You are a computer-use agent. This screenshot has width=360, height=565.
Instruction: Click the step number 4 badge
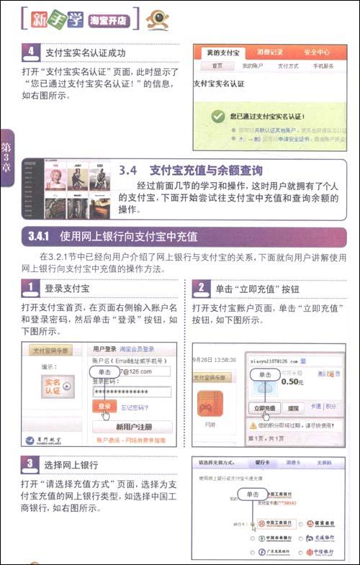click(31, 52)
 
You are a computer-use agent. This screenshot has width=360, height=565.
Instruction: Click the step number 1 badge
click(30, 289)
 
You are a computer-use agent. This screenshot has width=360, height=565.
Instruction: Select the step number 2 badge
click(202, 289)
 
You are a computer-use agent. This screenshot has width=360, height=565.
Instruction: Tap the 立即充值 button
click(265, 407)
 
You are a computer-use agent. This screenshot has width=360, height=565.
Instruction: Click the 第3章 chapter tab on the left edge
click(6, 158)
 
